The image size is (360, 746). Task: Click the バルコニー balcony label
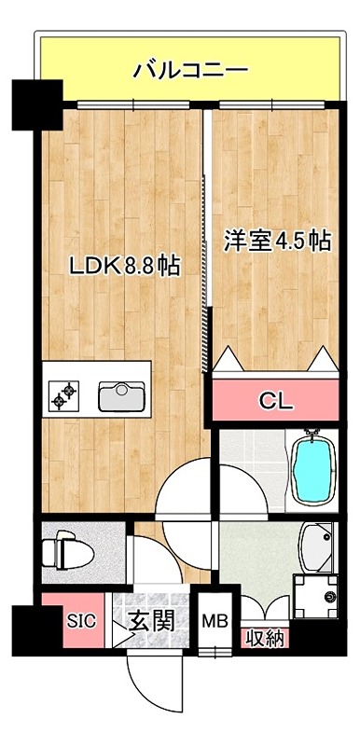coord(189,69)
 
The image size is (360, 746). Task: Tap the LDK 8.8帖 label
coord(124,265)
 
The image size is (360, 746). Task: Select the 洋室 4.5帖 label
coord(276,241)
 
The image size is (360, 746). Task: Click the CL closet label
coord(276,402)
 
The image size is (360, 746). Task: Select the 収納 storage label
coord(266,639)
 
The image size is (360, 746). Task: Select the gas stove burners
coord(64,396)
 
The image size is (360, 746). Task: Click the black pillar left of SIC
coord(26,630)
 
